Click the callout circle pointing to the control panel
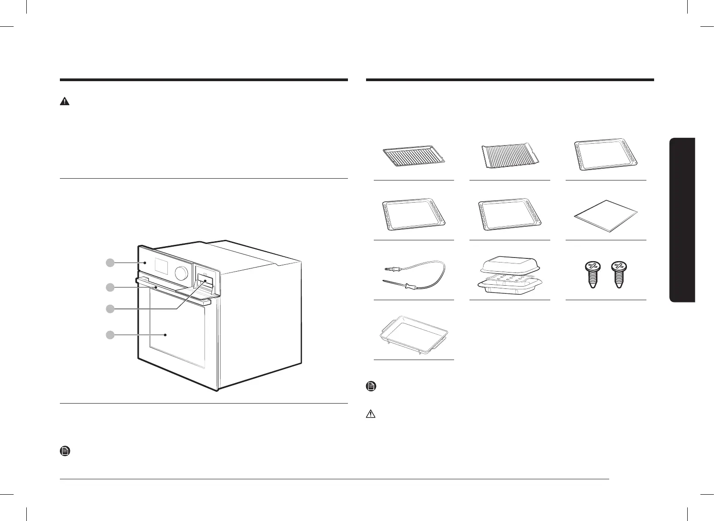pyautogui.click(x=109, y=262)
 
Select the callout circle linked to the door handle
pyautogui.click(x=109, y=287)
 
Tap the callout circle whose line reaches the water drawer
pyautogui.click(x=109, y=309)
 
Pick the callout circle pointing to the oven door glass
pyautogui.click(x=109, y=335)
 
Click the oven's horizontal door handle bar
pyautogui.click(x=172, y=290)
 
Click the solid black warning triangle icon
pyautogui.click(x=65, y=102)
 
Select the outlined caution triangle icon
pyautogui.click(x=371, y=414)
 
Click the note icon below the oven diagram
pyautogui.click(x=65, y=451)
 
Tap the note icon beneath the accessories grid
pyautogui.click(x=371, y=387)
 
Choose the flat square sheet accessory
pyautogui.click(x=606, y=215)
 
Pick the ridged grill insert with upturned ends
pyautogui.click(x=509, y=156)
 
